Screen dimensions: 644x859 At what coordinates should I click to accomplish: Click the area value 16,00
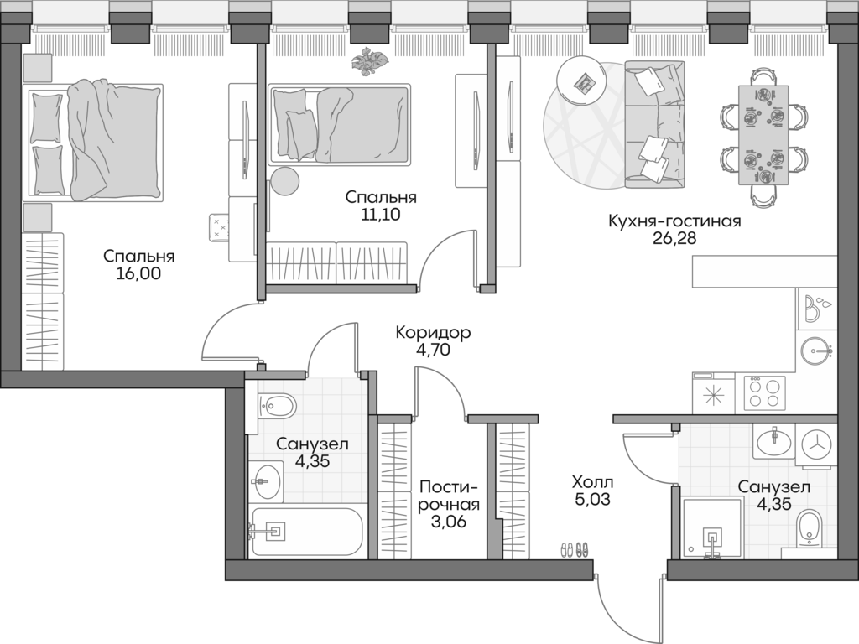point(139,273)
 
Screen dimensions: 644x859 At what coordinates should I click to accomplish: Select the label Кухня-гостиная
point(674,221)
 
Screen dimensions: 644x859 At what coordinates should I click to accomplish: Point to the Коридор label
point(433,333)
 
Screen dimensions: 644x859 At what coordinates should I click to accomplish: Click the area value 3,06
point(449,522)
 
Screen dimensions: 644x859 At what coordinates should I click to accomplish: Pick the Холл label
point(592,483)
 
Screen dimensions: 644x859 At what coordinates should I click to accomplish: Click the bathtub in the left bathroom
point(306,532)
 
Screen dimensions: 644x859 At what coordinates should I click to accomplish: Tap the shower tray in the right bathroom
point(712,528)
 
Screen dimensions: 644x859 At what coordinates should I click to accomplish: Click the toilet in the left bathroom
point(276,407)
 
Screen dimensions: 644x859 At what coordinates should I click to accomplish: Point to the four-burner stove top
point(763,392)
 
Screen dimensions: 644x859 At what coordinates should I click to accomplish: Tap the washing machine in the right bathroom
point(815,443)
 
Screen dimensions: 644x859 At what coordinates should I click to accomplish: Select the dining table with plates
point(763,134)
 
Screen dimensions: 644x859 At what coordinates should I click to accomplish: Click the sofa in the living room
point(654,127)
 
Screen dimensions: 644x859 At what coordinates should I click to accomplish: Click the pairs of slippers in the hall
point(575,549)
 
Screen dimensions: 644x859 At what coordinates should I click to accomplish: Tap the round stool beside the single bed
point(284,180)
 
